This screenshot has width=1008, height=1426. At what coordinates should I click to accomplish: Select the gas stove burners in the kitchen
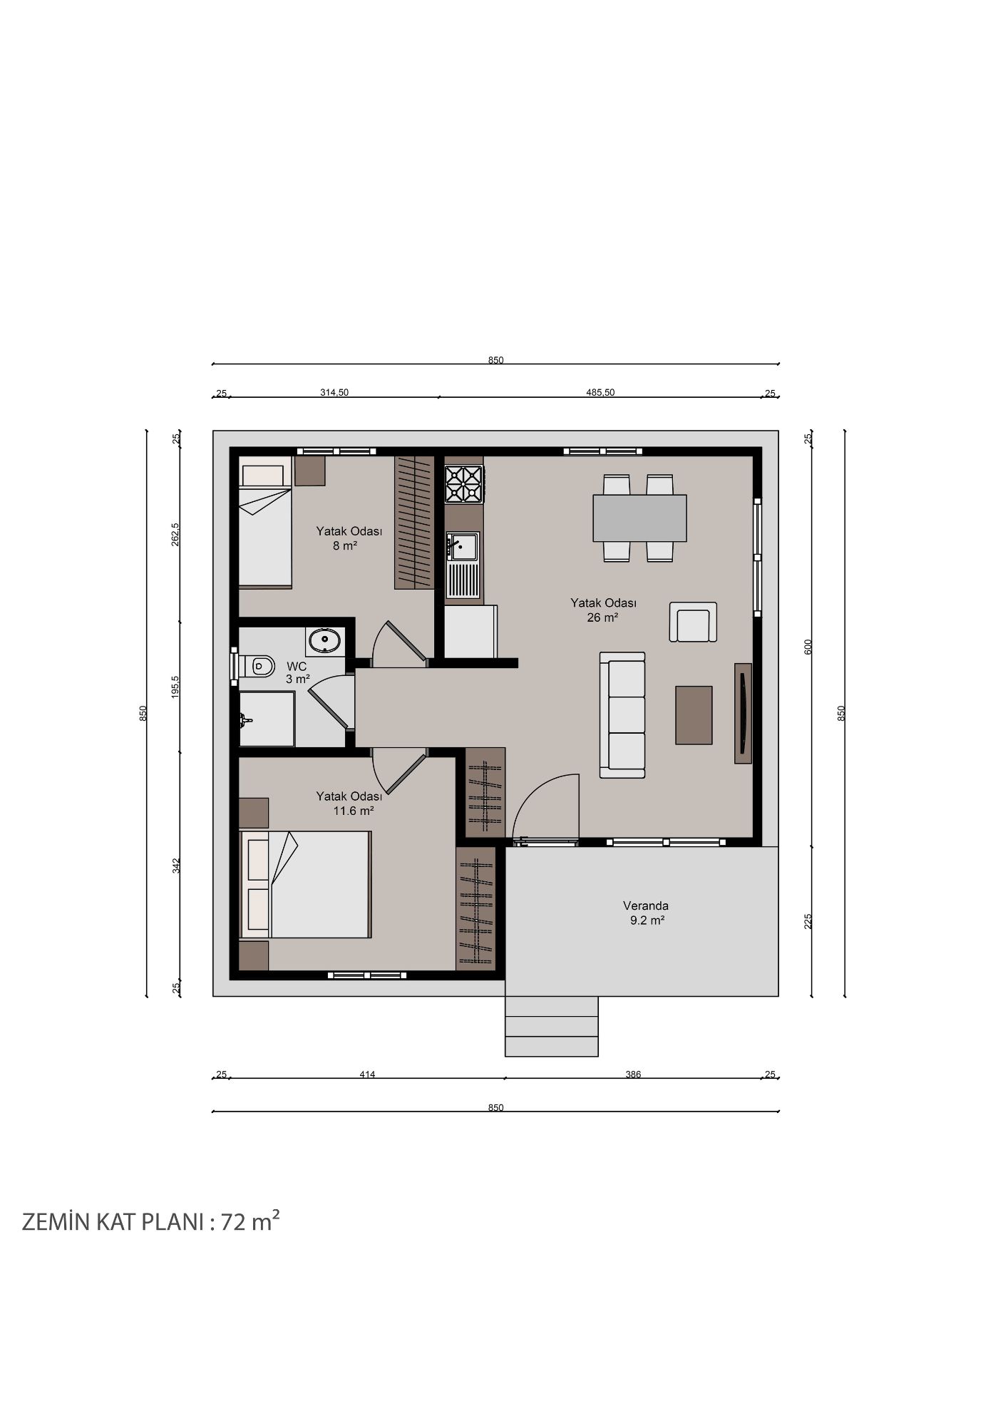coord(463,484)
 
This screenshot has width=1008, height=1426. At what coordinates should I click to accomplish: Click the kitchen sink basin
coord(463,547)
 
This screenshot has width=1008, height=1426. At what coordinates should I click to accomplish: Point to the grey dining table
coord(639,518)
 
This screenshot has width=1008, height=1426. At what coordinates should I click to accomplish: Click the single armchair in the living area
coord(693,622)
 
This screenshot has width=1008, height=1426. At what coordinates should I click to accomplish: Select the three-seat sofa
coord(622,715)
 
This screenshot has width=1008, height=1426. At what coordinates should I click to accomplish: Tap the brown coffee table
coord(694,715)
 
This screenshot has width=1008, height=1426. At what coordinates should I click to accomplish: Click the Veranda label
coord(646,906)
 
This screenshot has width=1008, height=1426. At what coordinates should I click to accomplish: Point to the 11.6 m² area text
coord(354,811)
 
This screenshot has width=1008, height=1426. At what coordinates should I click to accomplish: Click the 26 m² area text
coord(602,617)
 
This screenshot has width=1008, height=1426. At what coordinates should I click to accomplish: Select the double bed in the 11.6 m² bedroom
coord(306,884)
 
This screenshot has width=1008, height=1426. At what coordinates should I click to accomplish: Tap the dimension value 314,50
coord(334,392)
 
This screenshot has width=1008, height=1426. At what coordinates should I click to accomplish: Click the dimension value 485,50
coord(600,392)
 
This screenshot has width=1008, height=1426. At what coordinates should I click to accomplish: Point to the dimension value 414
coord(367,1074)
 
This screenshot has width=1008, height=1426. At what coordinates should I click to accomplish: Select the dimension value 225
coord(808,921)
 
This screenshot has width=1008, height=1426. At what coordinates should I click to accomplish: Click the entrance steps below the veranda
coord(552,1026)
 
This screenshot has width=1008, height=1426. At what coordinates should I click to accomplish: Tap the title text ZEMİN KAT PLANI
coord(113,1222)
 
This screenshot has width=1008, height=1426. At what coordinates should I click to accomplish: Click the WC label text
coord(297,667)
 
